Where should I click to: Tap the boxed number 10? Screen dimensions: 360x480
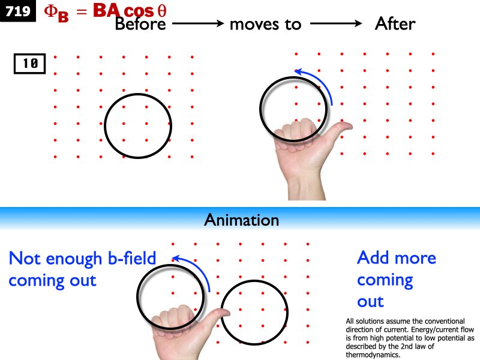tap(30, 64)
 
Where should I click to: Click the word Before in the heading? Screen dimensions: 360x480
tap(142, 24)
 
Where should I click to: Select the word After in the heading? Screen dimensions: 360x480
tap(395, 24)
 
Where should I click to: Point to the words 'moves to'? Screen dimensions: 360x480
tap(265, 24)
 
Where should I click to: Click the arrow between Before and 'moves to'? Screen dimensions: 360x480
tap(198, 24)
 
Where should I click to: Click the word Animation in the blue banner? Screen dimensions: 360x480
tap(241, 220)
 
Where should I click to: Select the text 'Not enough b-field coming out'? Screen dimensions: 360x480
tap(82, 269)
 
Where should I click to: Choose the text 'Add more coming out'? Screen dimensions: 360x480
tap(396, 279)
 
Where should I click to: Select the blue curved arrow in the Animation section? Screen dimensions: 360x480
tap(194, 270)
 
